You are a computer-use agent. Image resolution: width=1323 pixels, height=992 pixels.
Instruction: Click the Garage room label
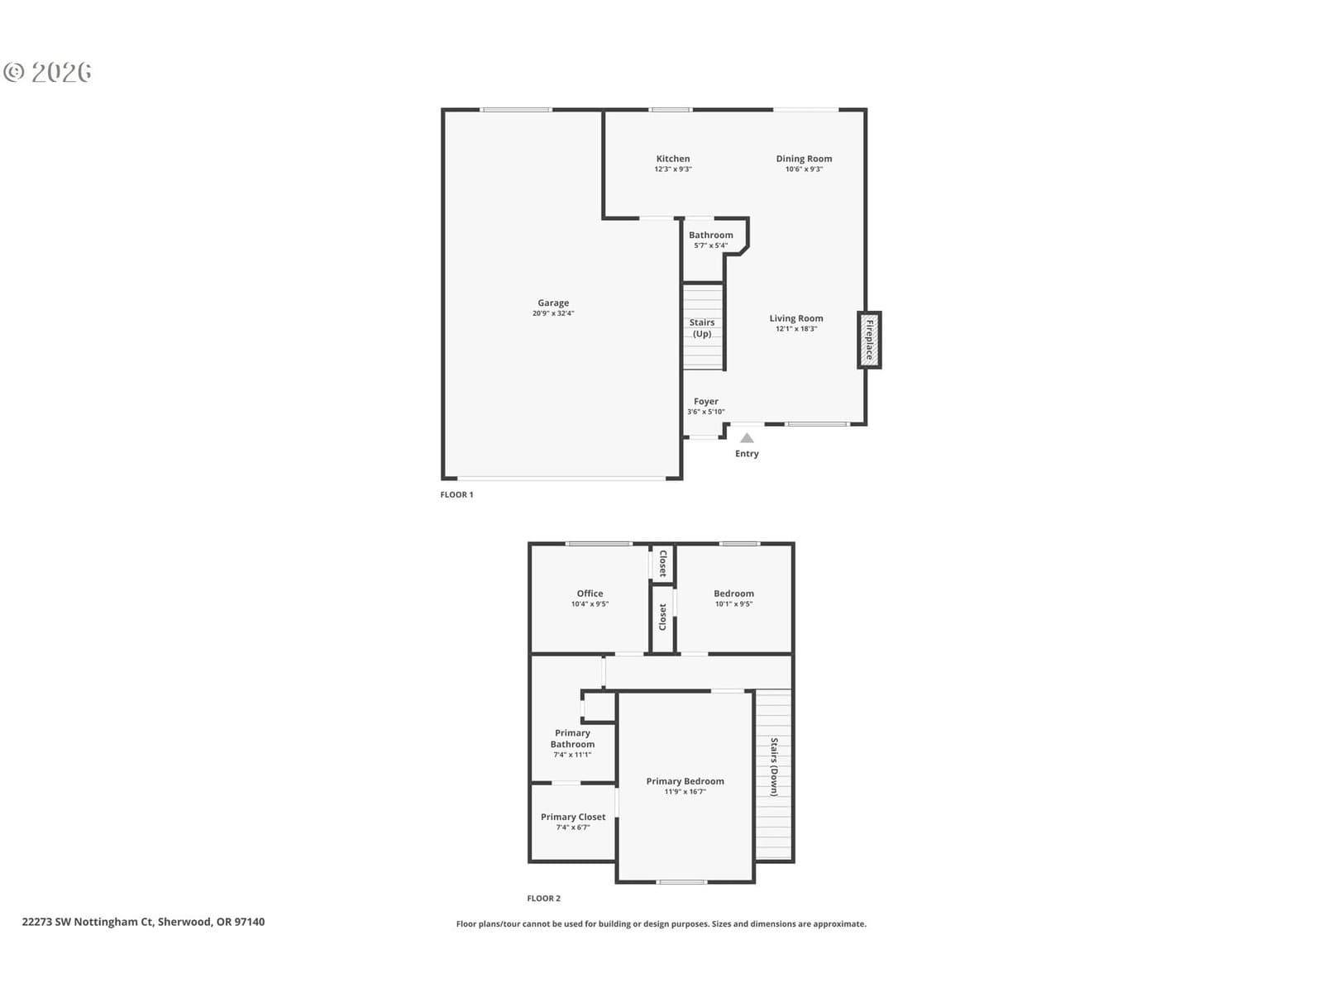tap(552, 303)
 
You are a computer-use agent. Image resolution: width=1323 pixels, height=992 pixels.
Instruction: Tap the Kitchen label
tap(672, 159)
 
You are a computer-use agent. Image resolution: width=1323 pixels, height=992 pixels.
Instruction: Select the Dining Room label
tap(804, 159)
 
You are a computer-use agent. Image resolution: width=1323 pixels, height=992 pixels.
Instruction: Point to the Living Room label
tap(795, 318)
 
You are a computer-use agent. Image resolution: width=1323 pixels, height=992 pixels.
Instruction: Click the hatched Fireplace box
tap(869, 340)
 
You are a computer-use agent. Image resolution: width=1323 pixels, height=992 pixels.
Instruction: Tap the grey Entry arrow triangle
tap(747, 438)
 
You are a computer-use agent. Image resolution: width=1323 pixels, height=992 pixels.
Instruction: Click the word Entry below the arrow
tap(747, 454)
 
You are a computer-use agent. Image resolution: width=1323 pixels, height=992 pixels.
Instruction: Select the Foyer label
tap(706, 401)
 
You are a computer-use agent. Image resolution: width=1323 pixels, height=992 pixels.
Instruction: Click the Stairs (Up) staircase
tap(702, 327)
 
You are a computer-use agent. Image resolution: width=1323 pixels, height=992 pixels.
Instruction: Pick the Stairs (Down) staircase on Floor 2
tap(773, 774)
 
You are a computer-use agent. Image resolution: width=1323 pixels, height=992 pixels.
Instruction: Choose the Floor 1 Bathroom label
tap(710, 236)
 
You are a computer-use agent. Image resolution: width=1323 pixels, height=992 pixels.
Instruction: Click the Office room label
tap(590, 594)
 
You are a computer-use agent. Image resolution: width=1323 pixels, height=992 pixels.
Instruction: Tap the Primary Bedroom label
tap(685, 782)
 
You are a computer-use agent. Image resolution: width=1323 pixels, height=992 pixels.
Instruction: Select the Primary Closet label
tap(572, 818)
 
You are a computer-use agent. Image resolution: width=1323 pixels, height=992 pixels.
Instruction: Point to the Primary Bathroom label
tap(572, 739)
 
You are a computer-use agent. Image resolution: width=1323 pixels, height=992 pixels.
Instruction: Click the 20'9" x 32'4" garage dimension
tap(552, 314)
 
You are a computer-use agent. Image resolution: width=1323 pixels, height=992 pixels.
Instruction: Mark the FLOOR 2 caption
tap(543, 899)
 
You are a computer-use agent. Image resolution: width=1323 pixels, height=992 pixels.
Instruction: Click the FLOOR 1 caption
tap(456, 495)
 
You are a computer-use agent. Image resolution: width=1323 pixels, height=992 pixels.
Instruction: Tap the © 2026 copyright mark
tap(47, 72)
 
